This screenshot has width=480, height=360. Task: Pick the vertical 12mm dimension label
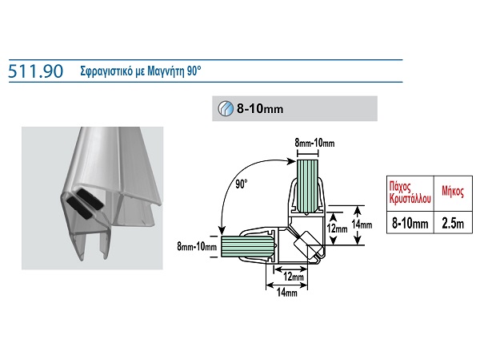click(x=338, y=228)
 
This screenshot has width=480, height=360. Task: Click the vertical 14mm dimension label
click(x=366, y=225)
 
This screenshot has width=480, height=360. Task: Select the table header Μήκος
click(x=452, y=192)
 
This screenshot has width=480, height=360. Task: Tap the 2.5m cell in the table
click(x=452, y=224)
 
